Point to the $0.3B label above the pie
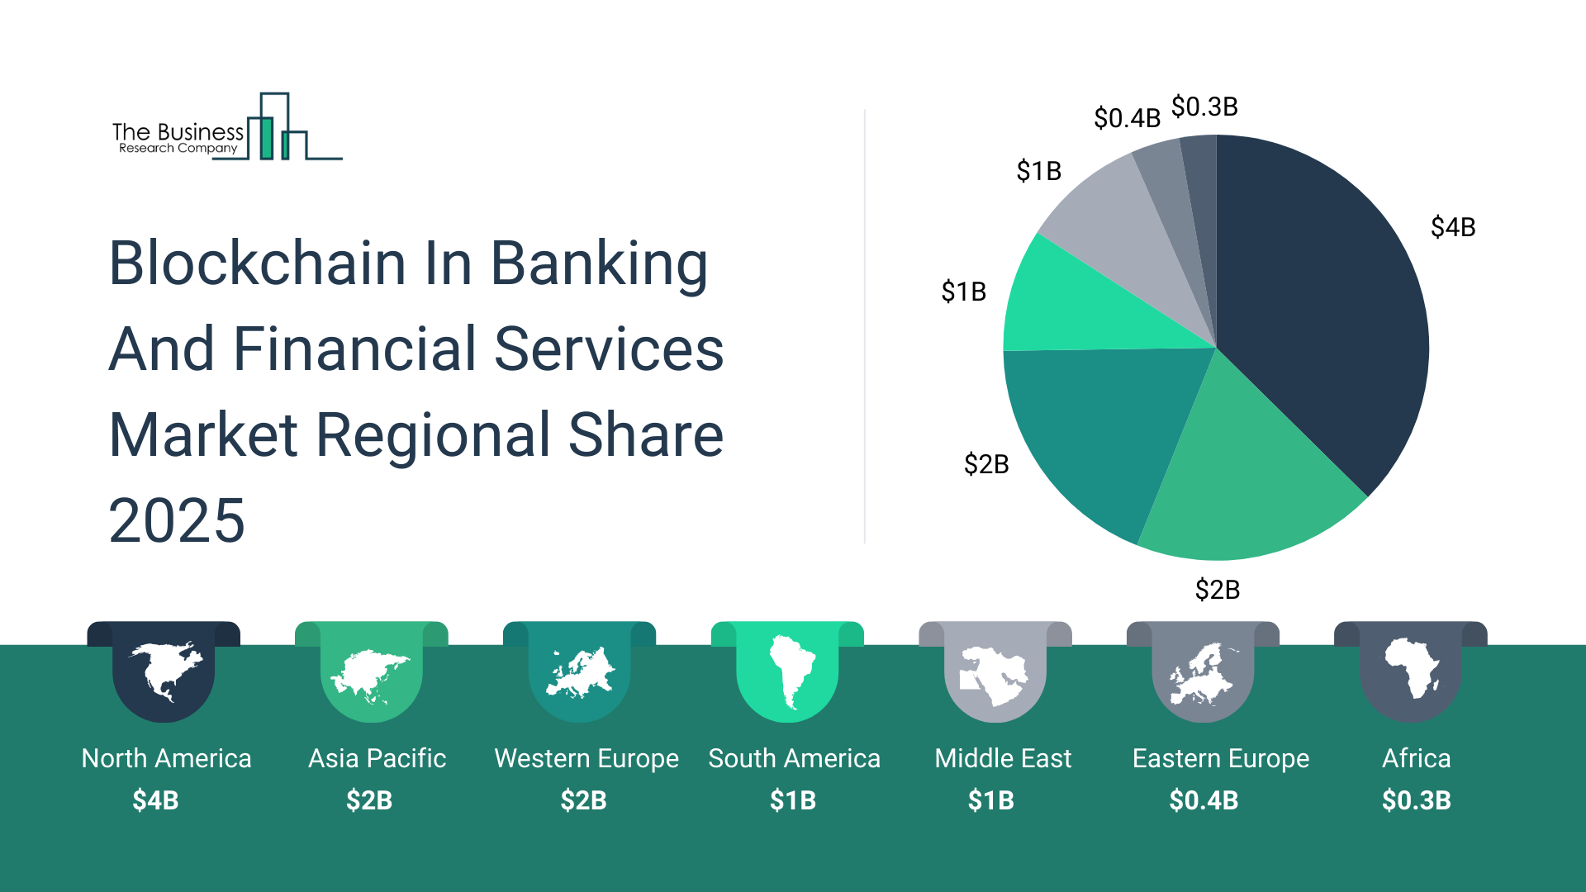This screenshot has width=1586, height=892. point(1204,107)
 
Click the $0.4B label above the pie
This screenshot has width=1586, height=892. point(1127,118)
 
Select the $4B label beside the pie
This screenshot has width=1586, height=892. point(1453,227)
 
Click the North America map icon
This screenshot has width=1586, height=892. point(165,671)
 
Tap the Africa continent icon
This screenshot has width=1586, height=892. point(1412,668)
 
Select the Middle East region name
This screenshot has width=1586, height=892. point(1003,758)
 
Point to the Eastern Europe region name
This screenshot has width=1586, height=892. point(1220,759)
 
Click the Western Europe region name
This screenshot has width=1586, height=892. point(586,759)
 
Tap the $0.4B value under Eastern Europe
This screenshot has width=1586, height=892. point(1204,800)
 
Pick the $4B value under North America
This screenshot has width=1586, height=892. point(155,800)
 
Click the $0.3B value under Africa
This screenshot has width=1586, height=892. point(1416,800)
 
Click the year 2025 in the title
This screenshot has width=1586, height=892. point(177,520)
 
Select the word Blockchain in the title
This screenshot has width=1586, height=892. point(257,263)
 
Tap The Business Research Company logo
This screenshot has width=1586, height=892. point(227,126)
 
